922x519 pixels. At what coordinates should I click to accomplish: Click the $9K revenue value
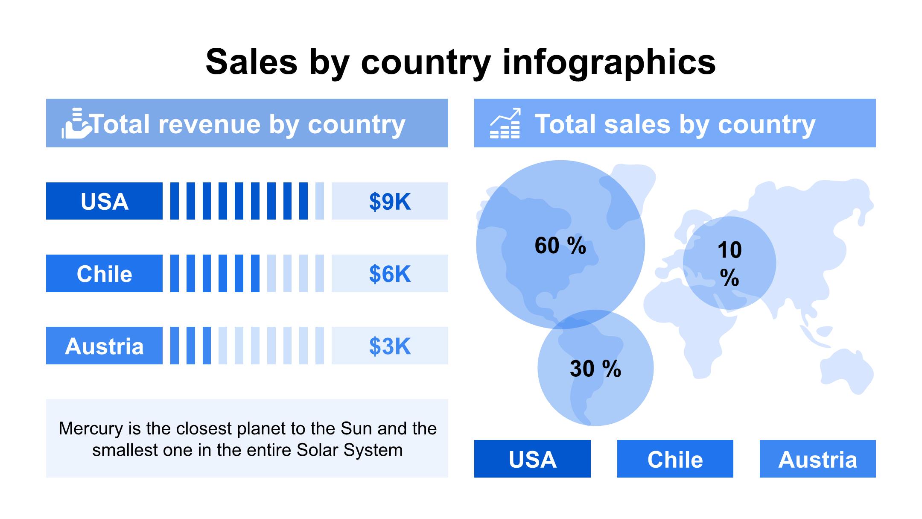tap(390, 201)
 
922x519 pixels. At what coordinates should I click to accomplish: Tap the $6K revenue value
tap(390, 273)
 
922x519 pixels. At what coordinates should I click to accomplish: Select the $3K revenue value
tap(390, 346)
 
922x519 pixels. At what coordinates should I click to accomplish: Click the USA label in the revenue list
tap(104, 201)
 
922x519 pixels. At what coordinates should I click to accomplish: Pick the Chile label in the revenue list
tap(104, 273)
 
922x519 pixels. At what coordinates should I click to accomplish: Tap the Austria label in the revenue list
tap(104, 346)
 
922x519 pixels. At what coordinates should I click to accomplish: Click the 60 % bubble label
tap(560, 246)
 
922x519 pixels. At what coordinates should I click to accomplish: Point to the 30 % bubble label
tap(595, 369)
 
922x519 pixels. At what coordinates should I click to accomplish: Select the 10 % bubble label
tap(729, 264)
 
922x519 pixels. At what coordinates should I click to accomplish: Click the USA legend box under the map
tap(532, 459)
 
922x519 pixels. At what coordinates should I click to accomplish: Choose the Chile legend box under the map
tap(675, 459)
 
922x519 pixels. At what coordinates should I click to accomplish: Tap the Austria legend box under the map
tap(817, 459)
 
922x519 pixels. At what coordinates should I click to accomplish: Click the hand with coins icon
tap(76, 123)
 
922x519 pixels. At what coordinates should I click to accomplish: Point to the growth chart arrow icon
tap(505, 123)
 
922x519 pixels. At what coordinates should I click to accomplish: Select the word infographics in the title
tap(609, 62)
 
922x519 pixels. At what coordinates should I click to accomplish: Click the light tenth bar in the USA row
tap(319, 201)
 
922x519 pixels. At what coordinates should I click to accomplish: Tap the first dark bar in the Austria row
tap(174, 346)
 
